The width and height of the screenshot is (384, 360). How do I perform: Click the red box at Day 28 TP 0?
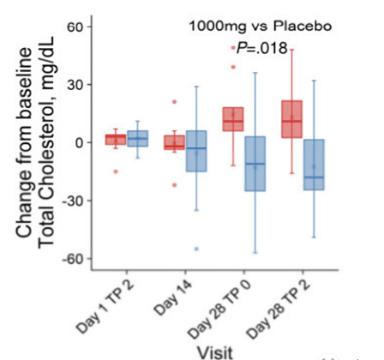pos(232,119)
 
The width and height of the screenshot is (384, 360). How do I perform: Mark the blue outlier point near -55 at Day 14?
pos(196,249)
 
